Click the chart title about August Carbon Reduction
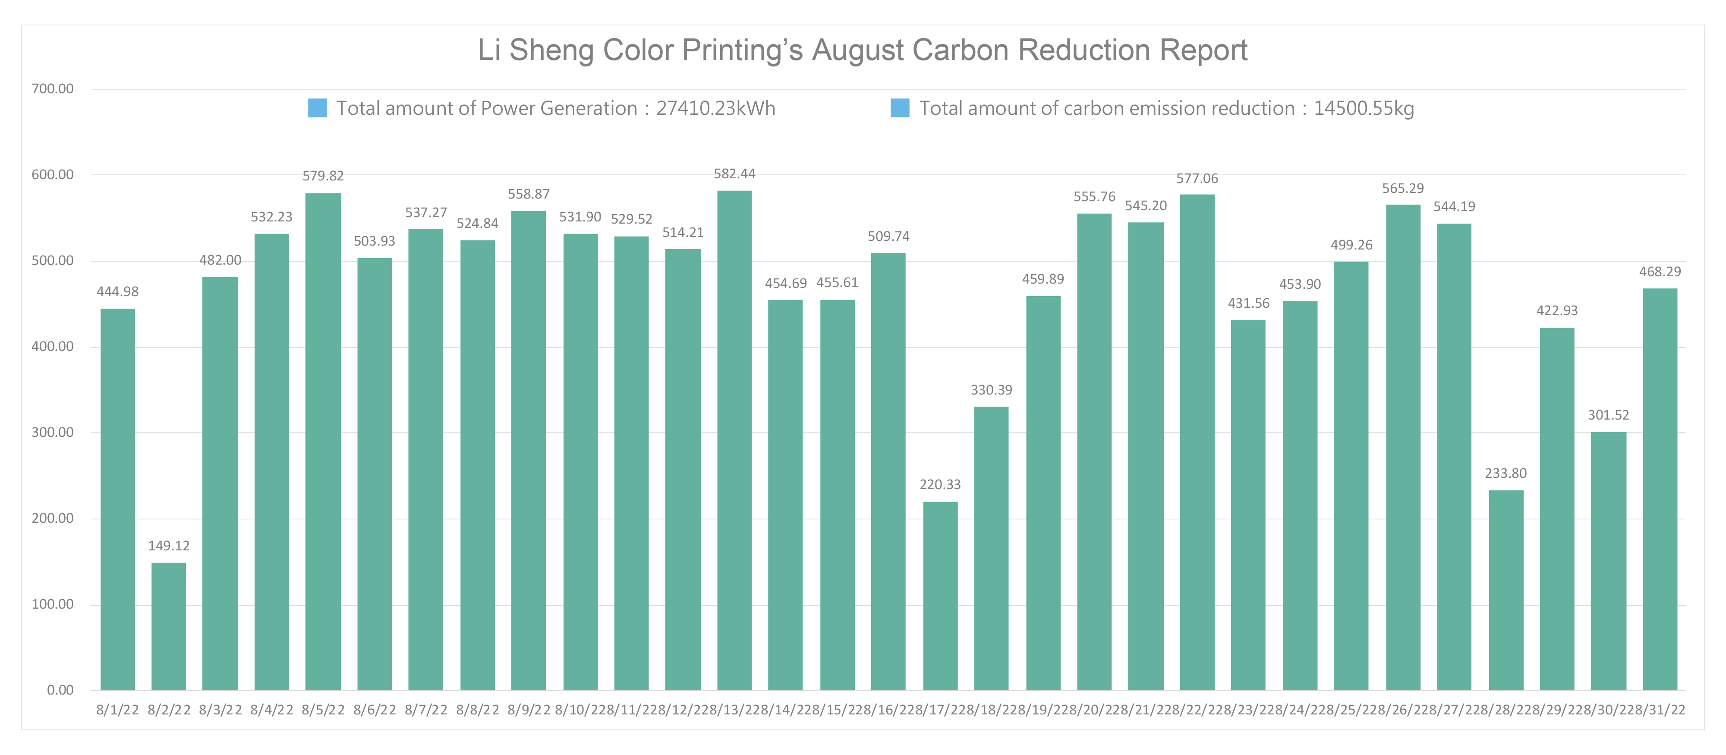click(x=862, y=50)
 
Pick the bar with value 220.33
click(x=940, y=595)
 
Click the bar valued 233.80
click(x=1506, y=590)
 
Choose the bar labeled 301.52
click(x=1608, y=561)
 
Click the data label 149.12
click(x=169, y=546)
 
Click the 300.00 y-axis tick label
click(x=52, y=433)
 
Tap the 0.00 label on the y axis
click(x=60, y=690)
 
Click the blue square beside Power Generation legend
click(x=317, y=108)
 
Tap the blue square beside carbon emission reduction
click(x=900, y=108)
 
